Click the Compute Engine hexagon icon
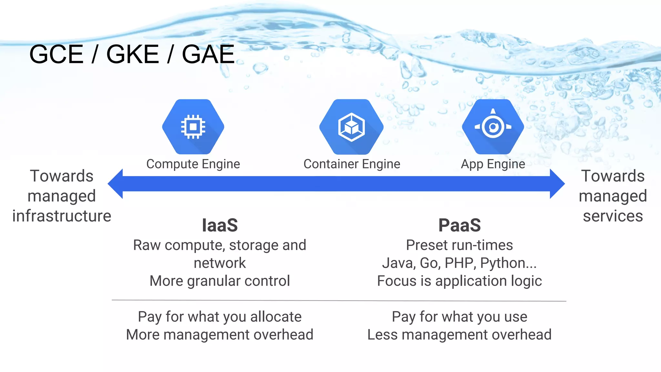pyautogui.click(x=193, y=127)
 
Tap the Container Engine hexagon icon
pyautogui.click(x=351, y=127)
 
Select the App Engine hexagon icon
pyautogui.click(x=493, y=127)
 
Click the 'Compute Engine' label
pyautogui.click(x=193, y=164)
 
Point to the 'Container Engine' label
pyautogui.click(x=352, y=164)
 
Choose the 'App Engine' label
pyautogui.click(x=493, y=164)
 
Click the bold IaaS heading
pyautogui.click(x=220, y=225)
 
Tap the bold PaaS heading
pyautogui.click(x=459, y=225)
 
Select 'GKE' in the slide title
pyautogui.click(x=132, y=54)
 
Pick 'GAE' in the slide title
pyautogui.click(x=208, y=54)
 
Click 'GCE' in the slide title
pyautogui.click(x=56, y=54)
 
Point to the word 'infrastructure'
pyautogui.click(x=62, y=216)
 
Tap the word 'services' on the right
pyautogui.click(x=613, y=216)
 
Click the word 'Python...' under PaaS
pyautogui.click(x=508, y=263)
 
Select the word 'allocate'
pyautogui.click(x=276, y=317)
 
